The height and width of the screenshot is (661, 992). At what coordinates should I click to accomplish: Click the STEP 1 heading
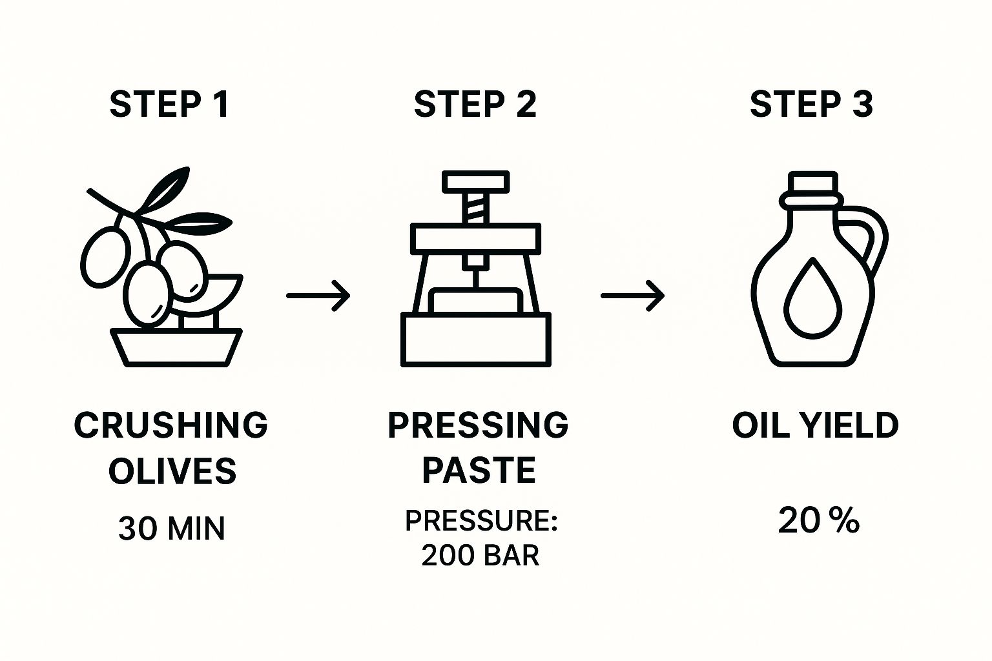(x=169, y=104)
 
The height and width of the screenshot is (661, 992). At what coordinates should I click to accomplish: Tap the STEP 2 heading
(x=475, y=104)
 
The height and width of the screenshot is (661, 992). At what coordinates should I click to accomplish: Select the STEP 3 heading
(x=811, y=104)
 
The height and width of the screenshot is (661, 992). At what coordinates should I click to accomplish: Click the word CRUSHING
(x=170, y=425)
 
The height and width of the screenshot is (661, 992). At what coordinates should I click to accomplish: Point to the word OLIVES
(x=172, y=471)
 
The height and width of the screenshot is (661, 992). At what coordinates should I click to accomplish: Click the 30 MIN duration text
(x=172, y=528)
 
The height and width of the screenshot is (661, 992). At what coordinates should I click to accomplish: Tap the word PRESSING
(x=478, y=425)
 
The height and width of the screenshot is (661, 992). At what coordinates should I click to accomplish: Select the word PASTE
(x=479, y=470)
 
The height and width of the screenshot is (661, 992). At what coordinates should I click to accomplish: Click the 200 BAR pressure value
(x=480, y=555)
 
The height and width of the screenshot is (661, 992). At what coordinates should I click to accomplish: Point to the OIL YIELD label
(x=815, y=425)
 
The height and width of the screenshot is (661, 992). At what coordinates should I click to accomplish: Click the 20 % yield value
(x=818, y=520)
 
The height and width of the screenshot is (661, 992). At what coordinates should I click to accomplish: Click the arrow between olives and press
(x=318, y=296)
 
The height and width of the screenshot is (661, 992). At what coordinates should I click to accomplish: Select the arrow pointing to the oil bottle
(x=632, y=296)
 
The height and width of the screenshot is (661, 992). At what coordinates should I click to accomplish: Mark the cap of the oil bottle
(x=812, y=183)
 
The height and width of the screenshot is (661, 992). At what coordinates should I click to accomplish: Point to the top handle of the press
(x=475, y=181)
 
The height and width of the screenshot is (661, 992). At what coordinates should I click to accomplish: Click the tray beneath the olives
(x=176, y=347)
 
